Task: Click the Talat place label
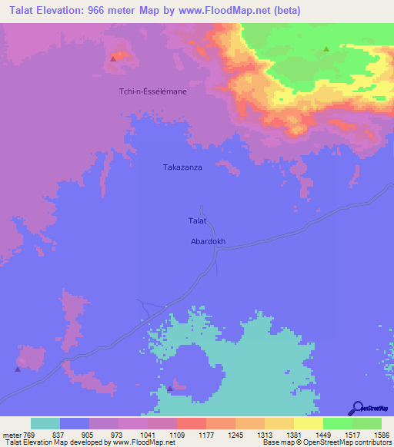click(197, 221)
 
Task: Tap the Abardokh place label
click(207, 241)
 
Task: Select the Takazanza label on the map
click(182, 167)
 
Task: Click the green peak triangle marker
click(326, 49)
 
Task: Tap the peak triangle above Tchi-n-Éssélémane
click(114, 58)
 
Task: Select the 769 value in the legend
click(28, 435)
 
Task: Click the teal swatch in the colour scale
click(45, 423)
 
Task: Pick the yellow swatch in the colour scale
click(309, 423)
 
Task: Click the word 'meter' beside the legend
click(11, 435)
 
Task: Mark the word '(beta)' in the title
click(285, 11)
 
